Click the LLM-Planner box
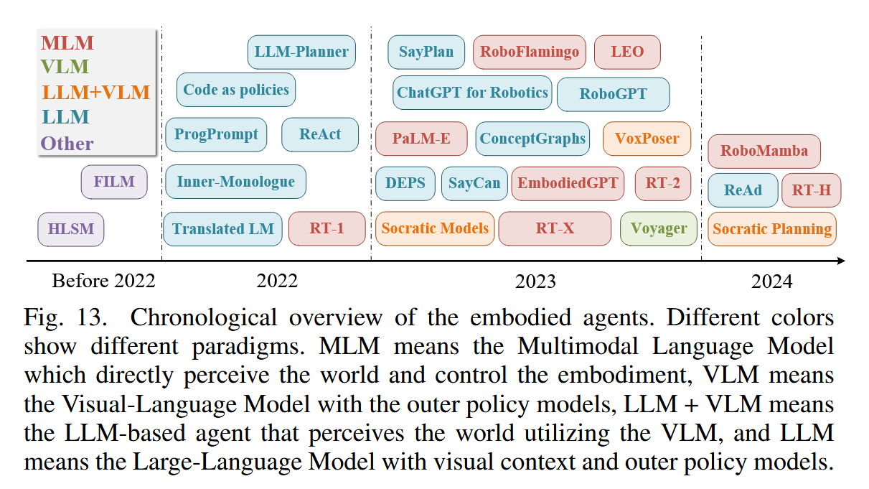tap(301, 52)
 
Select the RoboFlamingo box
tap(530, 52)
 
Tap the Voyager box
tap(658, 229)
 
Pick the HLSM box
tap(71, 230)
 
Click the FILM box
tap(114, 182)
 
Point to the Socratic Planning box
tap(771, 229)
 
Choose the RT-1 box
tap(327, 229)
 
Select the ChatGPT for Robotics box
tap(472, 93)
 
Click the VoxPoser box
tap(647, 139)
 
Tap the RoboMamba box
tap(764, 151)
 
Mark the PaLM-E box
tap(421, 139)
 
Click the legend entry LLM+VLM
tap(96, 92)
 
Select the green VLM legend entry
tap(65, 67)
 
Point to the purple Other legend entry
tap(67, 143)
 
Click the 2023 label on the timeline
tap(535, 281)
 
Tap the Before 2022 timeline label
tap(103, 281)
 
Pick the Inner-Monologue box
tap(235, 182)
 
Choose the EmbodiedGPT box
tap(567, 183)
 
